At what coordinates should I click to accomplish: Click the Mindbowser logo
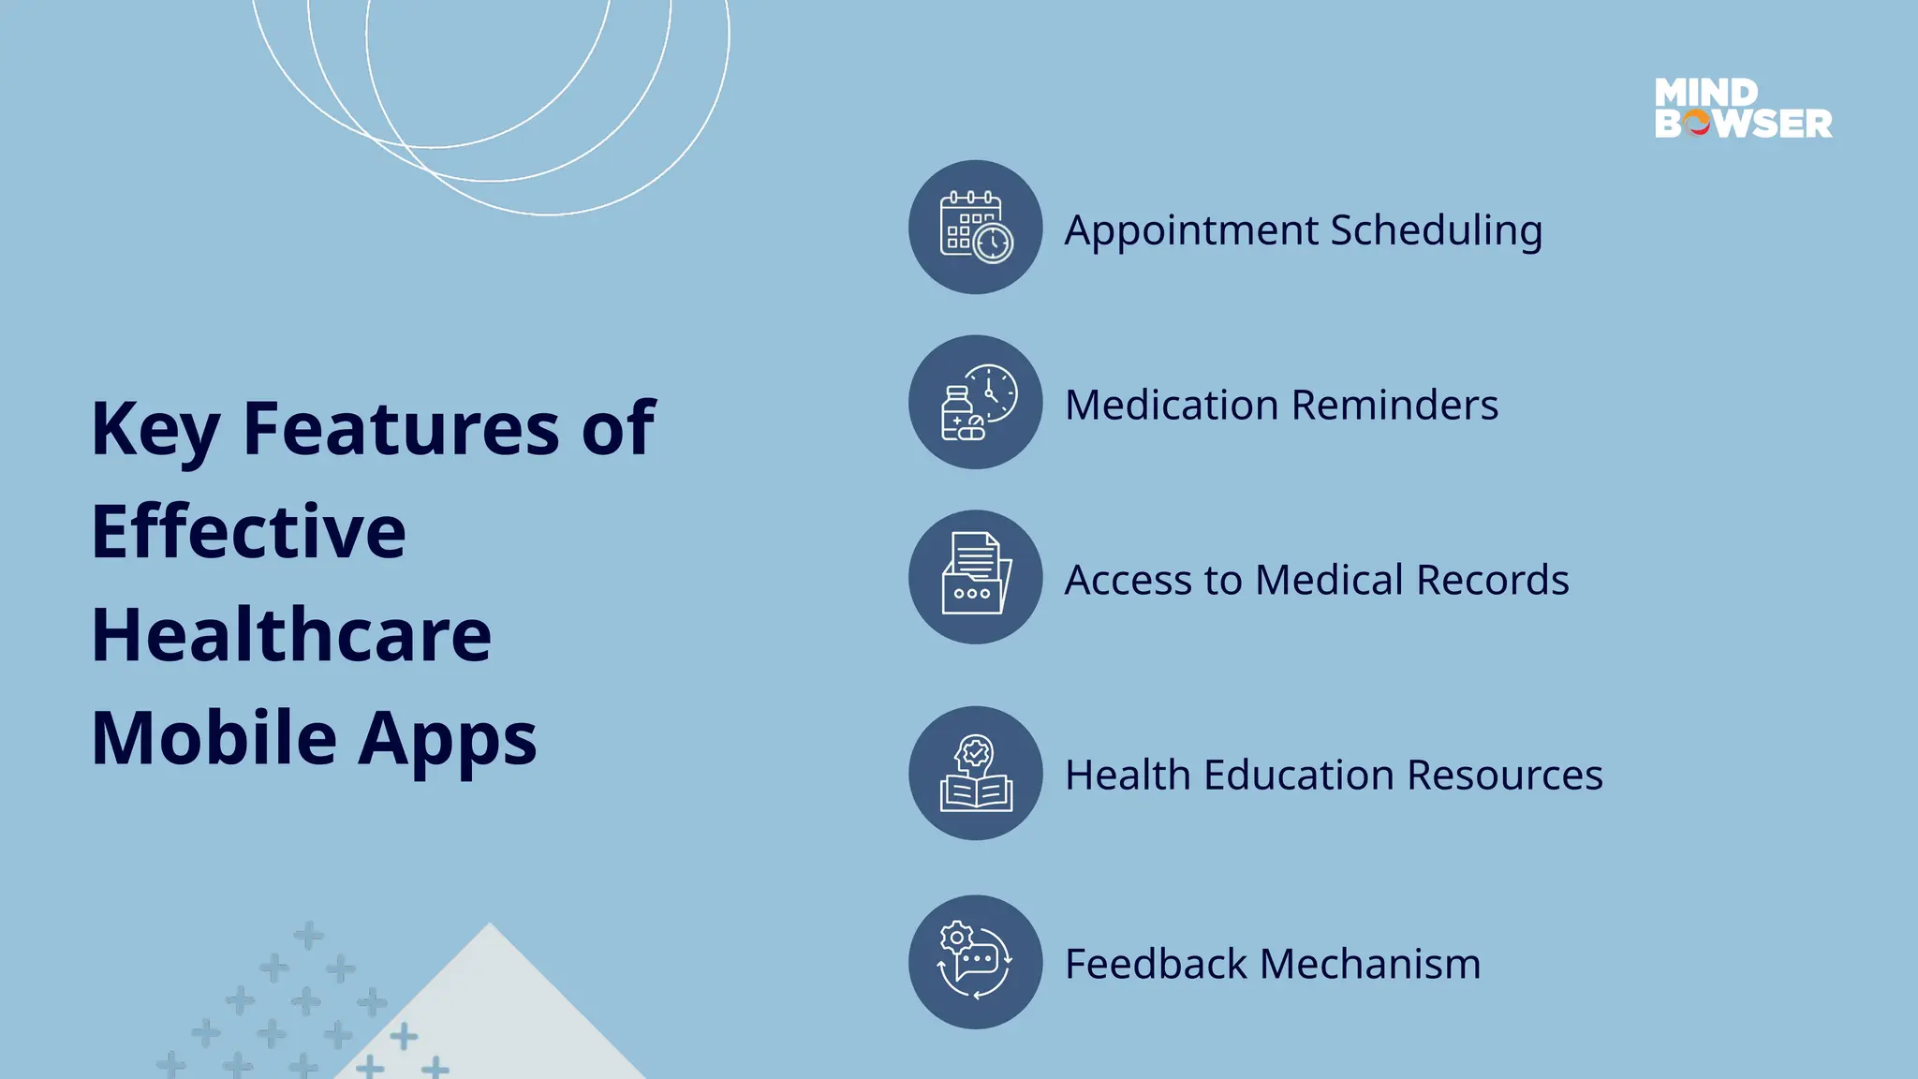(x=1743, y=109)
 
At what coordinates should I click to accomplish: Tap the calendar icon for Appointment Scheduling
(x=976, y=227)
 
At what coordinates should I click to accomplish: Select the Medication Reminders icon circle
(x=976, y=402)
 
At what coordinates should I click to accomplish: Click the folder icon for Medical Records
(x=976, y=577)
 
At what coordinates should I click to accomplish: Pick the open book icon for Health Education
(x=976, y=774)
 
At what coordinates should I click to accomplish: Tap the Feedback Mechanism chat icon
(x=976, y=962)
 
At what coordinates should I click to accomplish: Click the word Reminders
(x=1394, y=406)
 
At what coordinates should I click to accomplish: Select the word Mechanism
(x=1370, y=965)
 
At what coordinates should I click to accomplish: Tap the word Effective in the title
(x=249, y=531)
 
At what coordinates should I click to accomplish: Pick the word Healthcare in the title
(x=291, y=634)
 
